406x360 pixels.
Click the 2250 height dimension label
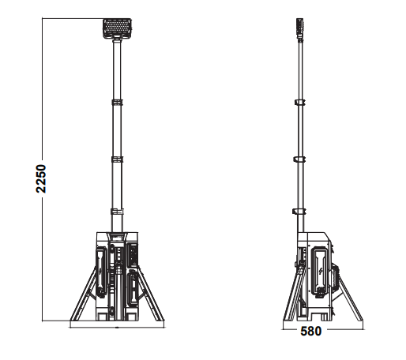coord(42,180)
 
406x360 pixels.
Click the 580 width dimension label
coord(310,332)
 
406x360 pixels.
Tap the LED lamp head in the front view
coord(118,29)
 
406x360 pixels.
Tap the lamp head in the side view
coord(300,28)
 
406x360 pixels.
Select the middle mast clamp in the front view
coord(118,159)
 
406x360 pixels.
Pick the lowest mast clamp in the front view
coord(118,211)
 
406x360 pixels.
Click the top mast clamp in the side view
coord(300,103)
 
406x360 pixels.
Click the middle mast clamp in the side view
coord(300,159)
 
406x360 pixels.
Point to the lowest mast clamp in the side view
coord(300,211)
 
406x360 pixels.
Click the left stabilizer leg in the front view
coord(83,296)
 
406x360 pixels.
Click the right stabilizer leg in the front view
coord(152,296)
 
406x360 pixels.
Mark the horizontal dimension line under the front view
coord(118,325)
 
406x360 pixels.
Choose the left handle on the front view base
coord(101,272)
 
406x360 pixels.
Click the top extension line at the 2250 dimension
coord(71,18)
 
